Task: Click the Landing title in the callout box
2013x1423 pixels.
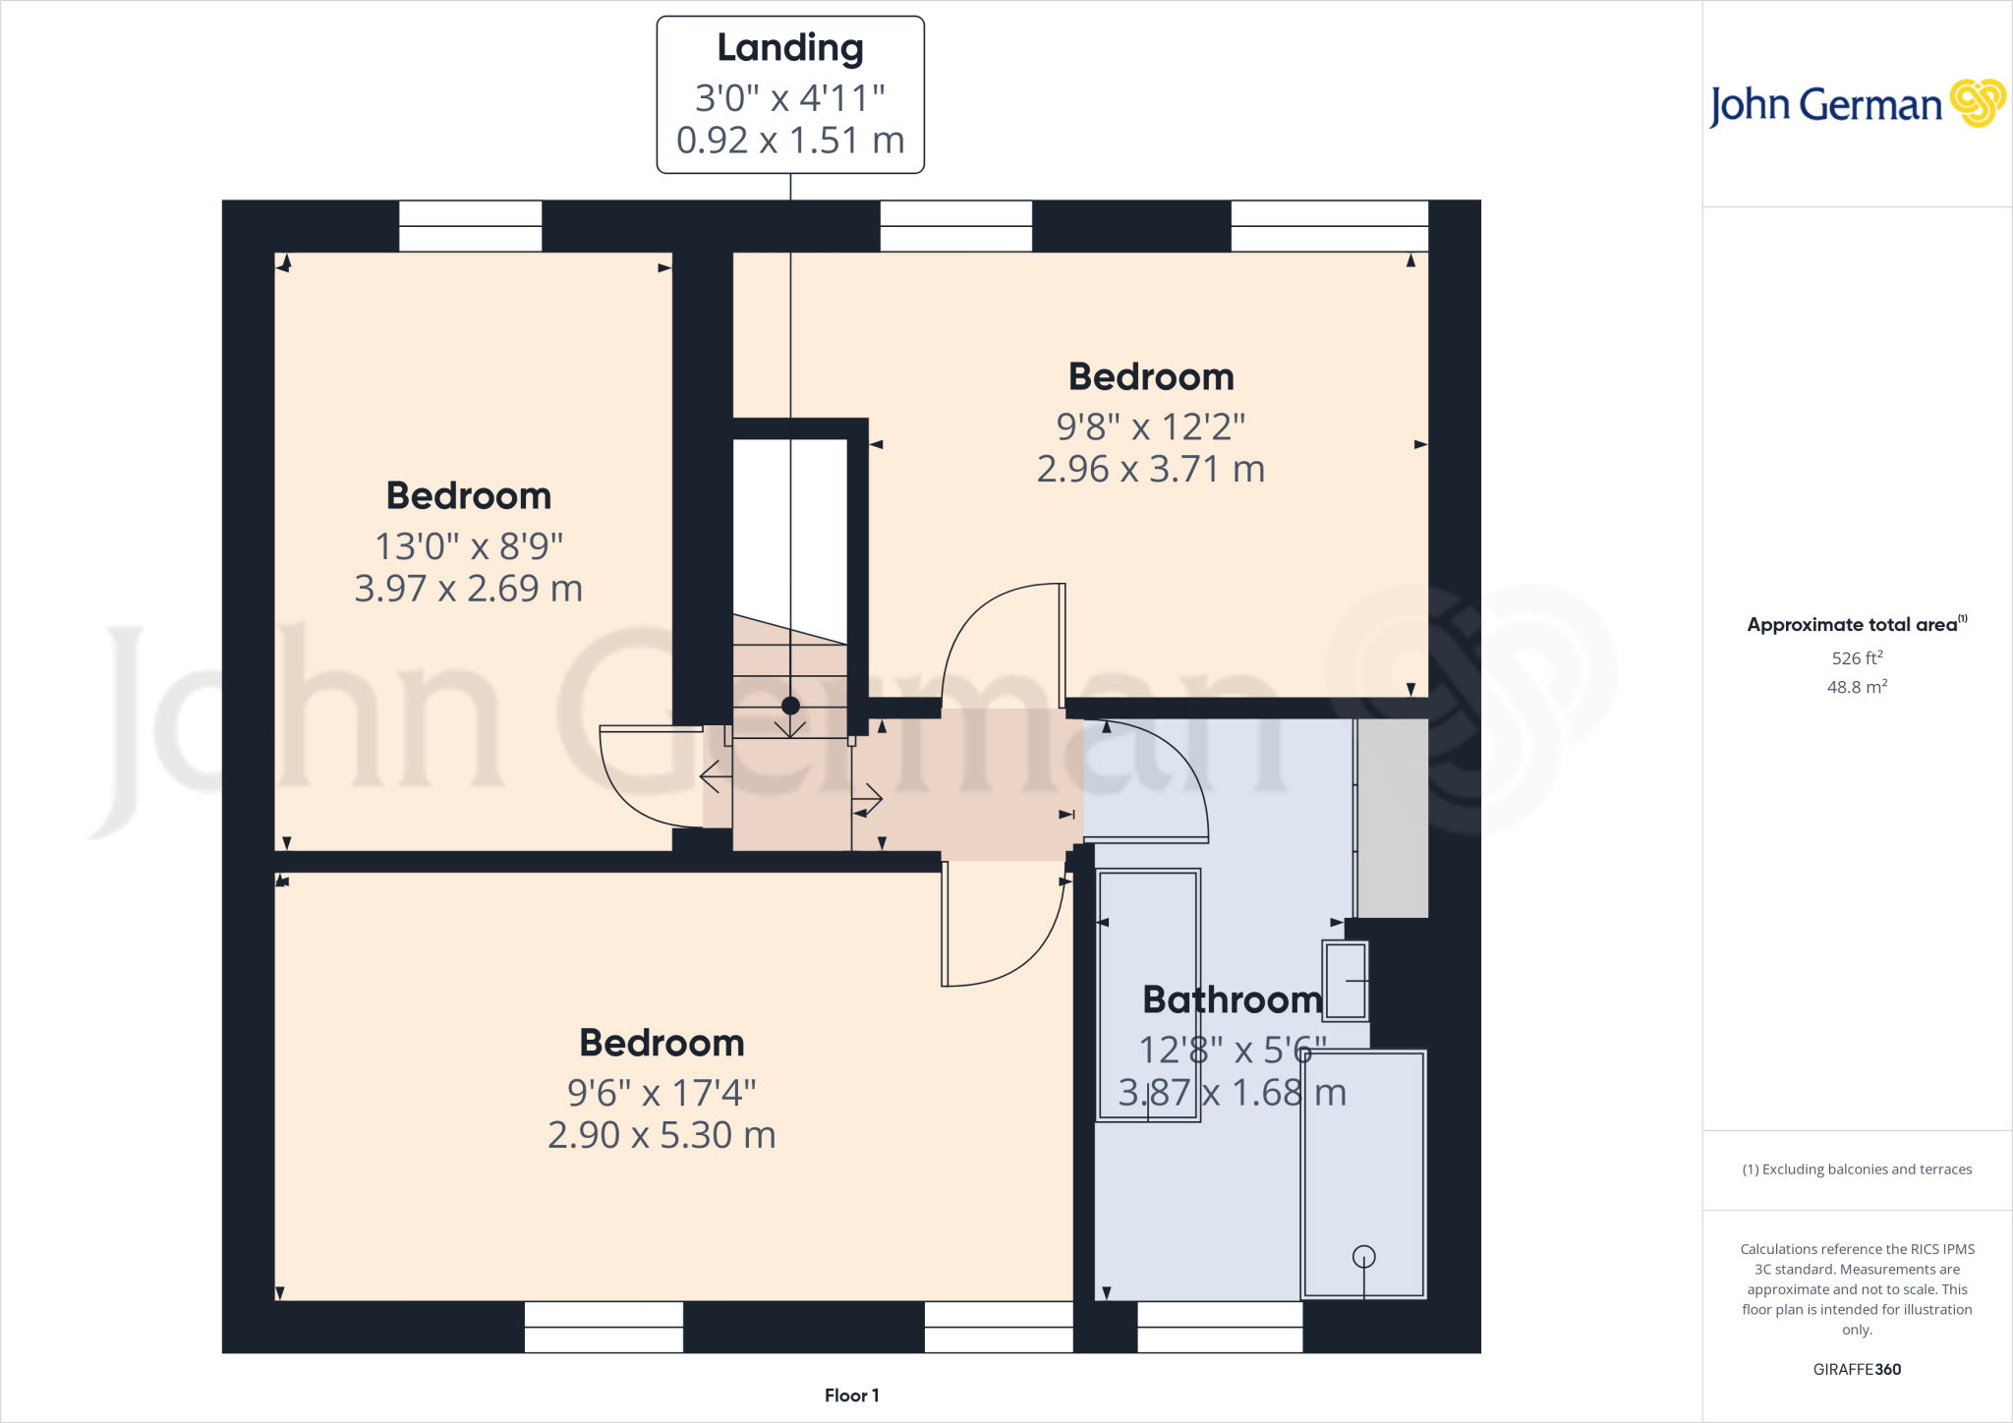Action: (x=790, y=48)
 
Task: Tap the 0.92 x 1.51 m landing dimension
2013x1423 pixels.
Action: (x=790, y=141)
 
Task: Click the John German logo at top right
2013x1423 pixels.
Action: (x=1856, y=104)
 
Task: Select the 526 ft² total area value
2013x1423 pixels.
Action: (x=1857, y=658)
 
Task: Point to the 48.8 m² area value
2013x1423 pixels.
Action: (x=1857, y=687)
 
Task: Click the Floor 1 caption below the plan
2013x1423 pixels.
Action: (x=851, y=1395)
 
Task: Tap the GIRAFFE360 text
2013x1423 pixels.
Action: (x=1857, y=1369)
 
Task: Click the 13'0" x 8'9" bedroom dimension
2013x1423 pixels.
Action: (x=469, y=545)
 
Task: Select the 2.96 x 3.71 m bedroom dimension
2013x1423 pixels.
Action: (x=1151, y=470)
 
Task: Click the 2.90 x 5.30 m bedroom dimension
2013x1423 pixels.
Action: (x=661, y=1135)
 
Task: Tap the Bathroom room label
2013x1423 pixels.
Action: (x=1233, y=999)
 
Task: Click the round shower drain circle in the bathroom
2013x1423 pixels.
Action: (x=1363, y=1256)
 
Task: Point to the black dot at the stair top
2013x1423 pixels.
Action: (x=790, y=706)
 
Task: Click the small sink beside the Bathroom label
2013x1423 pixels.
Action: (x=1345, y=981)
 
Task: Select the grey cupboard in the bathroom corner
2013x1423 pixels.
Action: (x=1392, y=818)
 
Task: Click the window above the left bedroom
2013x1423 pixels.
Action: (x=470, y=226)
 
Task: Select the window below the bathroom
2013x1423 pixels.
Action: (x=1220, y=1327)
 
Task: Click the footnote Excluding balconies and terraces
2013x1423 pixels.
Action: (x=1857, y=1169)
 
